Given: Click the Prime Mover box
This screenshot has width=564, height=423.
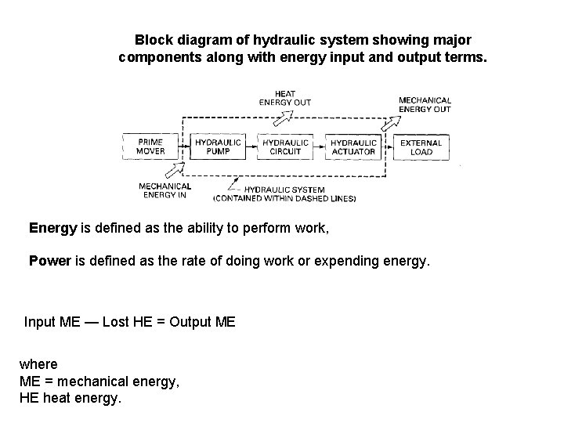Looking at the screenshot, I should (150, 146).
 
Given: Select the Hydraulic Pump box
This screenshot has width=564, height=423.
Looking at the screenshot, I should (218, 146).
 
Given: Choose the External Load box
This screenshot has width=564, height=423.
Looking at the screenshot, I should (421, 146).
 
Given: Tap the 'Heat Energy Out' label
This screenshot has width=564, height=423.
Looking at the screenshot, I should (284, 98).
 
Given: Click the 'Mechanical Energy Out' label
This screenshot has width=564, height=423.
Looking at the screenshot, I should (425, 104).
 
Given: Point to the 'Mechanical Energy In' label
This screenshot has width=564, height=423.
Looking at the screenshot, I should (164, 190).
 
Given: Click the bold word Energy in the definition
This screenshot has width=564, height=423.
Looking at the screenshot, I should (52, 229).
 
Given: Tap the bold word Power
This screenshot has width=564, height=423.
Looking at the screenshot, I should (50, 260).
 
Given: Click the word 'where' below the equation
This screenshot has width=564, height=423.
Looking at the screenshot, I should (38, 365).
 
